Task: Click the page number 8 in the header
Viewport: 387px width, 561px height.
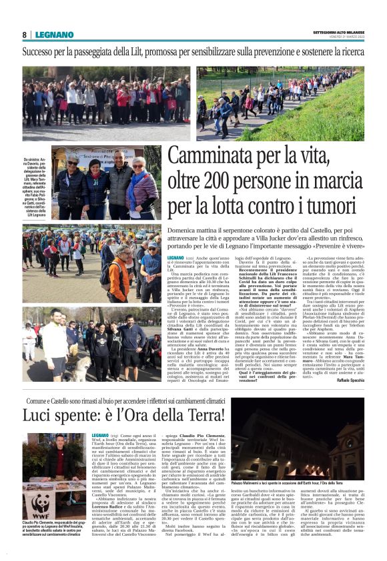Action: [25, 35]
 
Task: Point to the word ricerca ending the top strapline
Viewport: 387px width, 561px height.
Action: [347, 51]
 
